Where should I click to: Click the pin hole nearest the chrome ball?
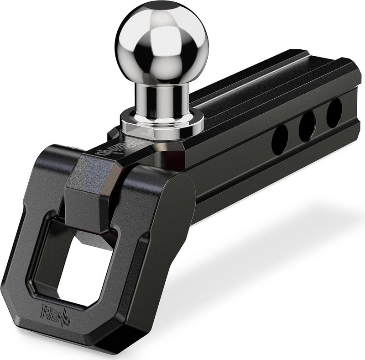(x=280, y=139)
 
